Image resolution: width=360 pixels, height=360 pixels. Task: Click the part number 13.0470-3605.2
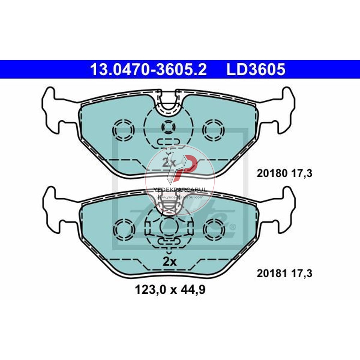point(148,69)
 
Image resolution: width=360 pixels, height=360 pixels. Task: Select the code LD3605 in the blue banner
point(256,69)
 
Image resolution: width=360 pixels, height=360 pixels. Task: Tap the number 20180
point(271,174)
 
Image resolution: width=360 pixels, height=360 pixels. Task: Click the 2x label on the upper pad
point(168,162)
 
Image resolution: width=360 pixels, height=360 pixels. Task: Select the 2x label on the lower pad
point(168,262)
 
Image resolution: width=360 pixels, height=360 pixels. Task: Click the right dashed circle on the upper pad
point(213,129)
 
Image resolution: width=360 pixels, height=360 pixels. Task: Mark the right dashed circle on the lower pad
point(213,229)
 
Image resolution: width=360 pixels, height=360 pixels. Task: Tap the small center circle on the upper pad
point(168,126)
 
